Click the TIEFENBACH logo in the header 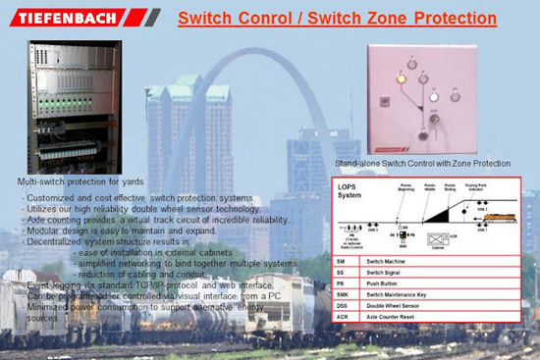pyautogui.click(x=69, y=17)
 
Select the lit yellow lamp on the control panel pyautogui.click(x=400, y=77)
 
